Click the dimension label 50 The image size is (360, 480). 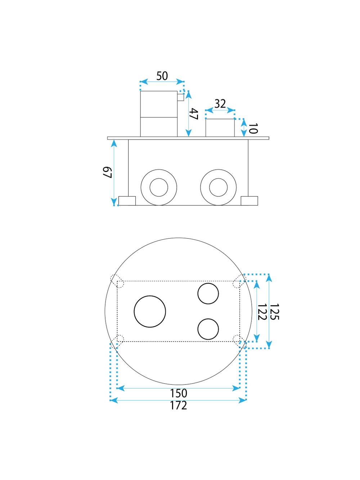162,76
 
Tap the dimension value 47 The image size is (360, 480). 194,114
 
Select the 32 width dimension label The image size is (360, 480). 220,104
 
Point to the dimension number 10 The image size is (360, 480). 253,128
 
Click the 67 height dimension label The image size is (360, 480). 107,173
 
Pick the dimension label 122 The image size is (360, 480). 262,312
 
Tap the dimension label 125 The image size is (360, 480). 274,312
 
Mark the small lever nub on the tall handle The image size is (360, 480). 180,97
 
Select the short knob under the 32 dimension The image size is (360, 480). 220,128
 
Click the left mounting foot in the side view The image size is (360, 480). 127,201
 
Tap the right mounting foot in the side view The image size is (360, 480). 249,201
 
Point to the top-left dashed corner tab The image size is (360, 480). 117,281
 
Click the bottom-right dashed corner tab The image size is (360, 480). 239,341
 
